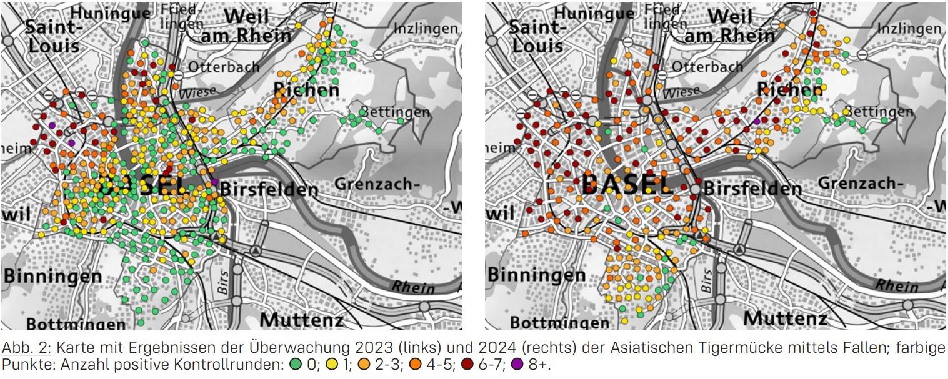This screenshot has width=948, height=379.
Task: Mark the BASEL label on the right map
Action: coord(627,184)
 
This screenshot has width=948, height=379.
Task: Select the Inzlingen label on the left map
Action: coord(426,29)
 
